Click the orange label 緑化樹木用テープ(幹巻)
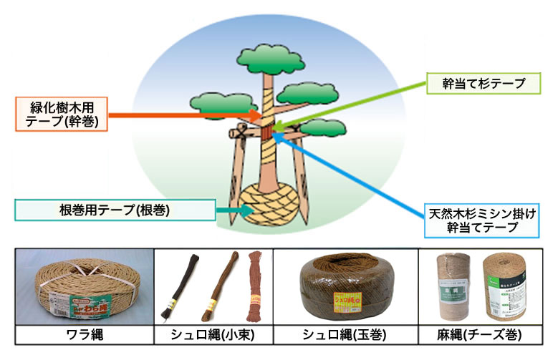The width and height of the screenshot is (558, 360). pos(61,114)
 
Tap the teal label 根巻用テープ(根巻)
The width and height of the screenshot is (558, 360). pos(115,210)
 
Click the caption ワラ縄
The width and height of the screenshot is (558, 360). pos(84,334)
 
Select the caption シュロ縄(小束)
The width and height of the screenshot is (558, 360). pos(215,334)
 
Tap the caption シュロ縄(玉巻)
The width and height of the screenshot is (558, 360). pos(347,334)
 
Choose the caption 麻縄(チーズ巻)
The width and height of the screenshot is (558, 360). pos(479,334)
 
